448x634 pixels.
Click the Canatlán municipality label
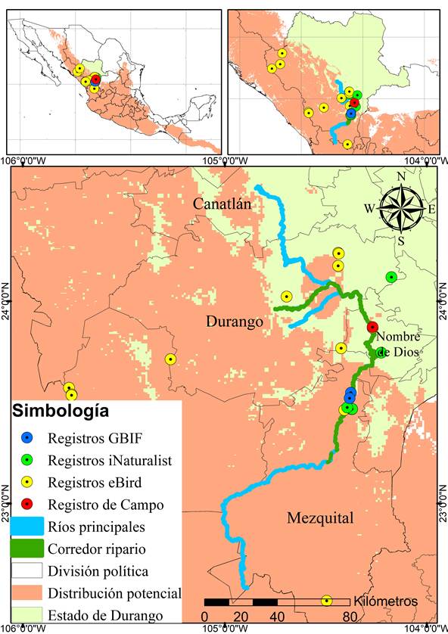click(228, 204)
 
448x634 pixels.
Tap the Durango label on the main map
click(234, 322)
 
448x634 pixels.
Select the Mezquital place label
click(320, 518)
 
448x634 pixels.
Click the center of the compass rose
click(403, 208)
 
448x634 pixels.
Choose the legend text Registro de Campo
click(105, 504)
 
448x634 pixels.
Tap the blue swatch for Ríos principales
click(27, 526)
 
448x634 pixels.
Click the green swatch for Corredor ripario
click(27, 548)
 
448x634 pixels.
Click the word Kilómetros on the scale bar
click(385, 601)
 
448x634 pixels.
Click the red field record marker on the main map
click(372, 328)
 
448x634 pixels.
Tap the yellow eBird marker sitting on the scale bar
click(327, 601)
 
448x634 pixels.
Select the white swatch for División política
click(27, 570)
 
